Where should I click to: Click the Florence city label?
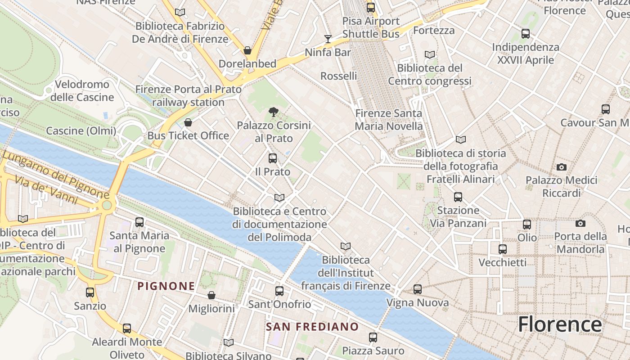[560, 324]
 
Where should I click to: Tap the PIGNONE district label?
[166, 286]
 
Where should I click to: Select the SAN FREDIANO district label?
[312, 327]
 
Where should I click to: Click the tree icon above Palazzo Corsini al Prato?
[273, 112]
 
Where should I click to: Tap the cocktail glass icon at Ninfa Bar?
[328, 39]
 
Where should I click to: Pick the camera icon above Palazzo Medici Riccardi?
[561, 167]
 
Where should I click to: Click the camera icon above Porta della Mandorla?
[580, 223]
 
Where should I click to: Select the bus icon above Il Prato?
[272, 158]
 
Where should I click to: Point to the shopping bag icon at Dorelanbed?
[247, 50]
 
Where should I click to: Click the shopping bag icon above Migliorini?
[211, 295]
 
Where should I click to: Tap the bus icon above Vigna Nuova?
[417, 289]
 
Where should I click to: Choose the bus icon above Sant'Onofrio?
[279, 291]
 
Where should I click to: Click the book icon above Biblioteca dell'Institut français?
[345, 246]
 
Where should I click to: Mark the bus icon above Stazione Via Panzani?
[458, 197]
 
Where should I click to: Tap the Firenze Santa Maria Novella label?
[388, 120]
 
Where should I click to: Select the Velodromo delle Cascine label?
[82, 91]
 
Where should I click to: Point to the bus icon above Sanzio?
[90, 292]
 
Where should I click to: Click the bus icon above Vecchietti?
[502, 249]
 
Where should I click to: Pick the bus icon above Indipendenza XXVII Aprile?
[525, 33]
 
